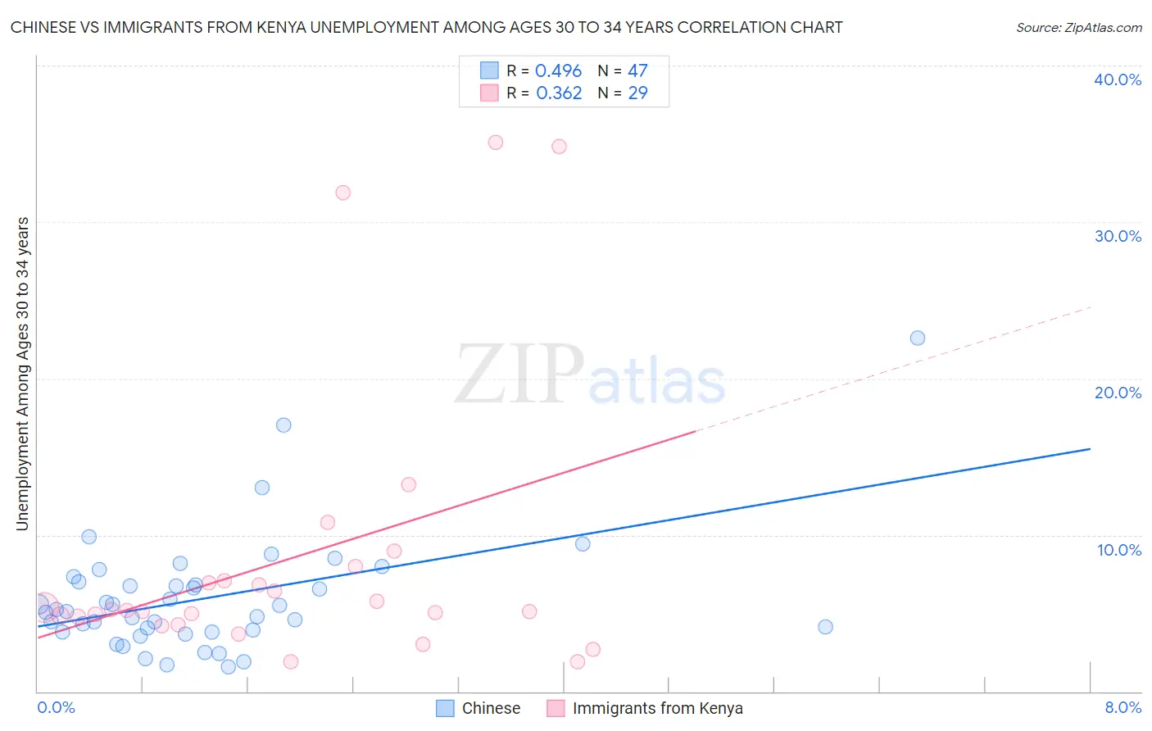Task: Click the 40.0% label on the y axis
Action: (1118, 79)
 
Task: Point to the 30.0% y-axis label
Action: (1118, 236)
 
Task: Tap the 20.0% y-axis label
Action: (1118, 393)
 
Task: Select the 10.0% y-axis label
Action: (1119, 550)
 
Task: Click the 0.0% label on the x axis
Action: (56, 707)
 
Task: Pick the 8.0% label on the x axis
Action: (1123, 707)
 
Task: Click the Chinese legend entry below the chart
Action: (490, 708)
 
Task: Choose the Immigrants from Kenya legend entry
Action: (657, 708)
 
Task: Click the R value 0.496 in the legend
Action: (558, 71)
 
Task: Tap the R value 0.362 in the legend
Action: (559, 93)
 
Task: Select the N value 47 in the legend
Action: (637, 71)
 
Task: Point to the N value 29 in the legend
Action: (637, 93)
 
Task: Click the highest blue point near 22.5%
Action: (918, 338)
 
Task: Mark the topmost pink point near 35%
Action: (496, 143)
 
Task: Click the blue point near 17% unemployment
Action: (283, 425)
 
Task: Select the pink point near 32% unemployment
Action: (343, 193)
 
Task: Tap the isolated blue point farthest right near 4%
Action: (826, 627)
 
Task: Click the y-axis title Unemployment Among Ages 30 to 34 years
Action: (23, 374)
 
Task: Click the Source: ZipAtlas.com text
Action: (1078, 28)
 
